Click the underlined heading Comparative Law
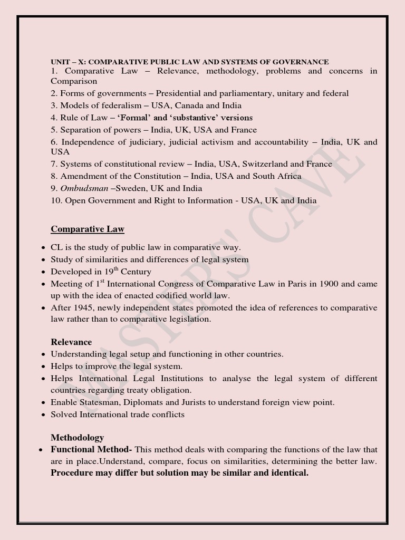88,229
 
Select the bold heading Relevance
71,342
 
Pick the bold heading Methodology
77,438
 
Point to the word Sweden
131,188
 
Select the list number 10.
56,200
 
